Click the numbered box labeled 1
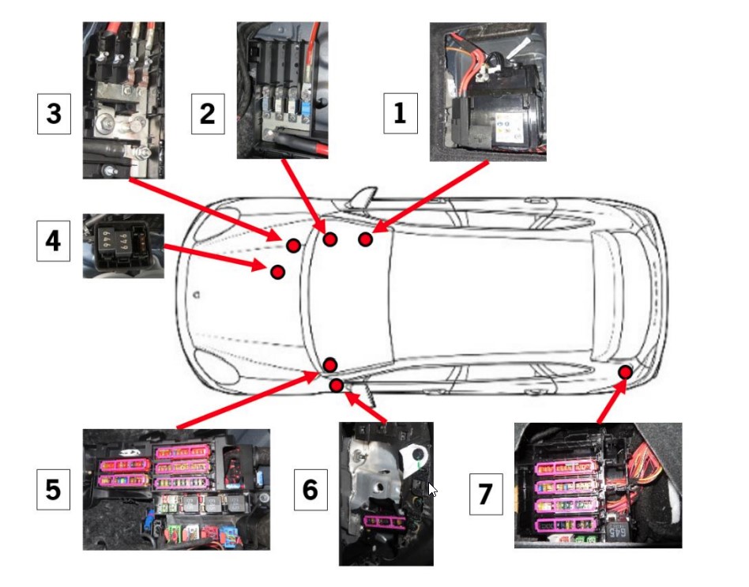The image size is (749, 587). coord(400,113)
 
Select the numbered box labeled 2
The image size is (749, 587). coord(207,114)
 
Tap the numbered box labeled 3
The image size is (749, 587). coord(54,114)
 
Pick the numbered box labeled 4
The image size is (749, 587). coord(53,240)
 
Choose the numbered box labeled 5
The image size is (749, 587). coord(53,491)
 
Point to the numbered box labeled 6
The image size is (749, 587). coord(310,490)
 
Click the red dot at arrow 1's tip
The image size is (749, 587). coord(365,239)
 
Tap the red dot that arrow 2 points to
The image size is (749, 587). coord(330,239)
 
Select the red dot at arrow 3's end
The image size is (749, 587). coord(293,246)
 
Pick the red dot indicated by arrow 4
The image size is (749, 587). coord(277,272)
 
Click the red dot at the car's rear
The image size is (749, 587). coord(625,371)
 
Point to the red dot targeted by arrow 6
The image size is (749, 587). coord(337,385)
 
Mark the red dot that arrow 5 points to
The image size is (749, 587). coord(330,364)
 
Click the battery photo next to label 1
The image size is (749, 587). coord(487,92)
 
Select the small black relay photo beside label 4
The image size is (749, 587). coord(123,246)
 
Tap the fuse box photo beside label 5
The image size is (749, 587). coord(176,489)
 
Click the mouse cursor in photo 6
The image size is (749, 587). coord(432,489)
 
